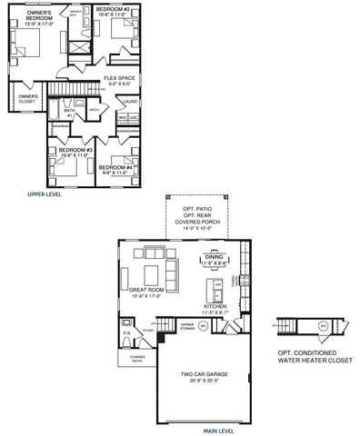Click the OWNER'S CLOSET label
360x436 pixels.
(27, 97)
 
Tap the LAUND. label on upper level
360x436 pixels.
(131, 102)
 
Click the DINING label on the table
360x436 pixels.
(215, 259)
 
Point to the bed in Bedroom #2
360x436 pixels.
(122, 30)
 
